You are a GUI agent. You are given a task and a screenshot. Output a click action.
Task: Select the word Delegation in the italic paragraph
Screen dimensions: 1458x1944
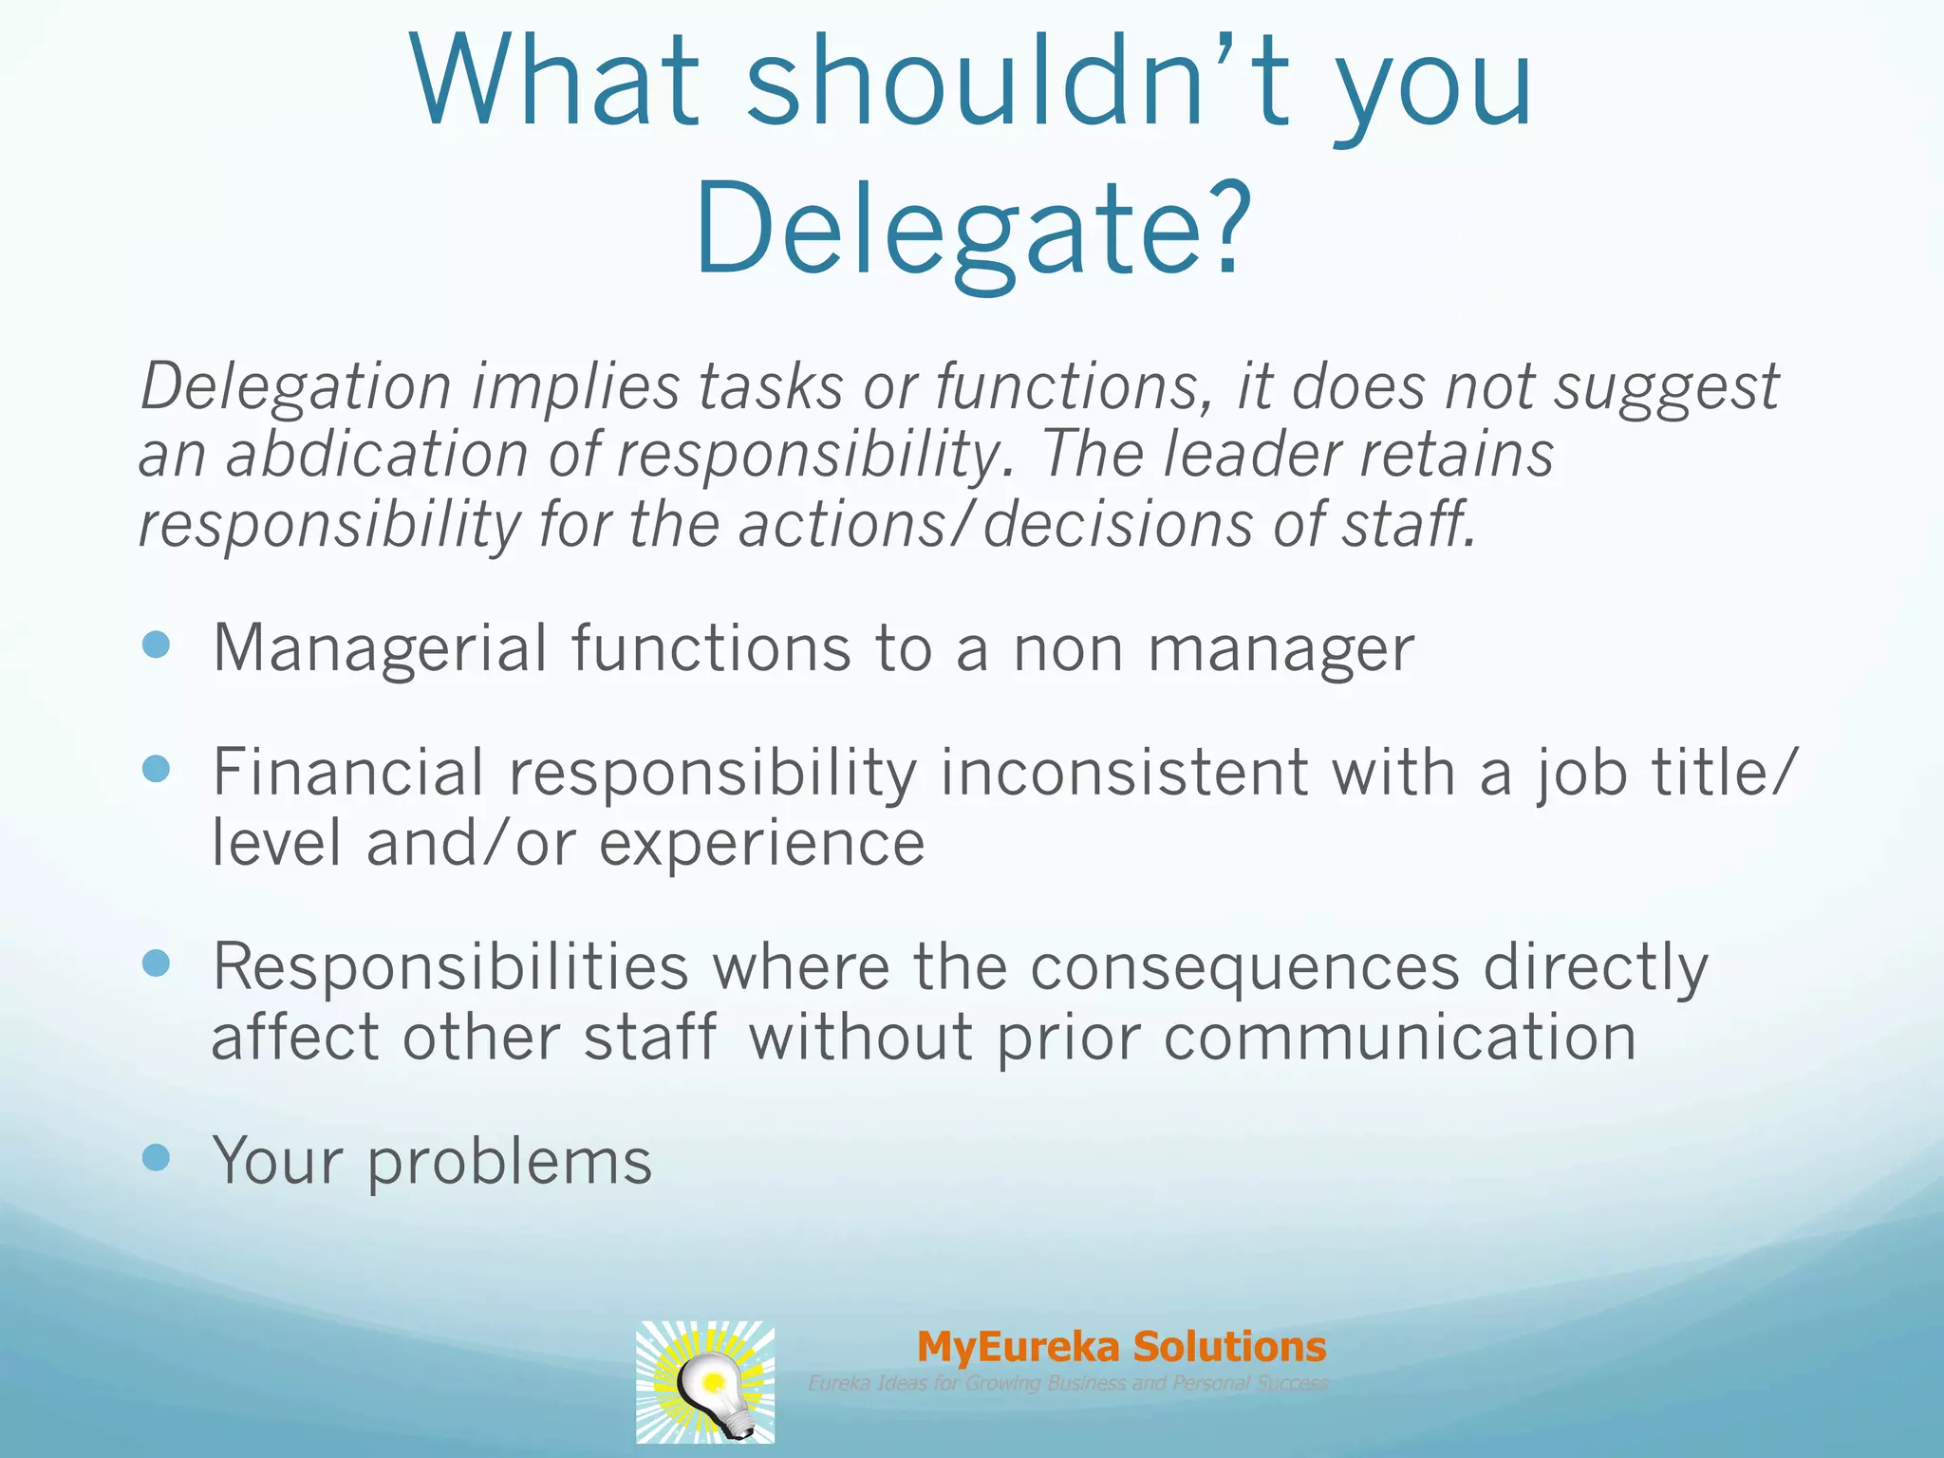295,386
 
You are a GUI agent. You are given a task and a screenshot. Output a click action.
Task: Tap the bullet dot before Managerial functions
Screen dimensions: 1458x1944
156,646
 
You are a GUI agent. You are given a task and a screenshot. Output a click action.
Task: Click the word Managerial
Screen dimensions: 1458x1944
380,648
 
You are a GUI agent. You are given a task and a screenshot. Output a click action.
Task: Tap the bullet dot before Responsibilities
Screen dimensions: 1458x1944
156,964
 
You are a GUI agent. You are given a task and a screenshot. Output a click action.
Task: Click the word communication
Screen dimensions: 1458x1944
1400,1037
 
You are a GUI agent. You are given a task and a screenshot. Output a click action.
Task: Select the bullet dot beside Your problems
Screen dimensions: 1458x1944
156,1157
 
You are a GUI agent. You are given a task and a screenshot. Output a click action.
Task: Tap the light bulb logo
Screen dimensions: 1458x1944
705,1382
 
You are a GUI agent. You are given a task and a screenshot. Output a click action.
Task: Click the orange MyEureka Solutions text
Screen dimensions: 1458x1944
1121,1346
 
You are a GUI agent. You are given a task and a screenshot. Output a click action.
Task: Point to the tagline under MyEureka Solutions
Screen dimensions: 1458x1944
1068,1383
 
